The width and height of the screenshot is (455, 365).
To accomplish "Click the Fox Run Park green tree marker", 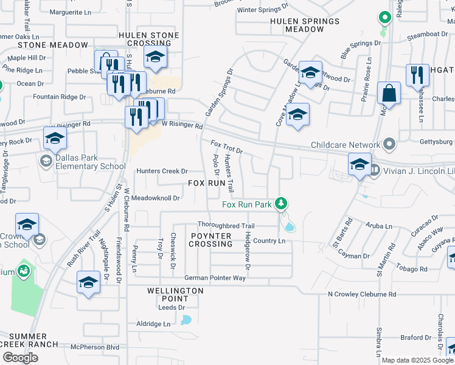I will click(x=280, y=203).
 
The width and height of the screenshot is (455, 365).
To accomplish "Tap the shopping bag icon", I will click(x=389, y=94).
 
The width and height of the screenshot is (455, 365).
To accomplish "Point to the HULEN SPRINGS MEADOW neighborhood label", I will click(x=304, y=25).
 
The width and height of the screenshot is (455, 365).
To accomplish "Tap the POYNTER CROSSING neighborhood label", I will click(x=210, y=240).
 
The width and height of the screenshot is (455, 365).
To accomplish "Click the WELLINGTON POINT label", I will click(x=175, y=295).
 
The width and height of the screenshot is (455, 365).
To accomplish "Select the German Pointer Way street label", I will click(x=210, y=278).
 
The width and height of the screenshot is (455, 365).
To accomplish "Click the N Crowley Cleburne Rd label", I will click(x=362, y=294).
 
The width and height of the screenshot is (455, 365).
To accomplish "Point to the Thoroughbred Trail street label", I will click(x=226, y=226).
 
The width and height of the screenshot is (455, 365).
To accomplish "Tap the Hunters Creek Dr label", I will click(x=162, y=172).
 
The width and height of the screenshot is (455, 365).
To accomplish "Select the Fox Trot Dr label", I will click(x=226, y=147).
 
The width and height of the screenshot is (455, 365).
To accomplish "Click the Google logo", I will click(x=20, y=358).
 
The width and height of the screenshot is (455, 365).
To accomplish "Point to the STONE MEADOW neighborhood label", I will click(x=53, y=45).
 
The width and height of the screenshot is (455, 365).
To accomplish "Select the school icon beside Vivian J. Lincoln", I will click(x=359, y=165).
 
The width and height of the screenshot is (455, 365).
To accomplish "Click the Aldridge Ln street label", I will click(x=153, y=324).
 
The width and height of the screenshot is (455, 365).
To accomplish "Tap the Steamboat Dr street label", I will click(x=426, y=35).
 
